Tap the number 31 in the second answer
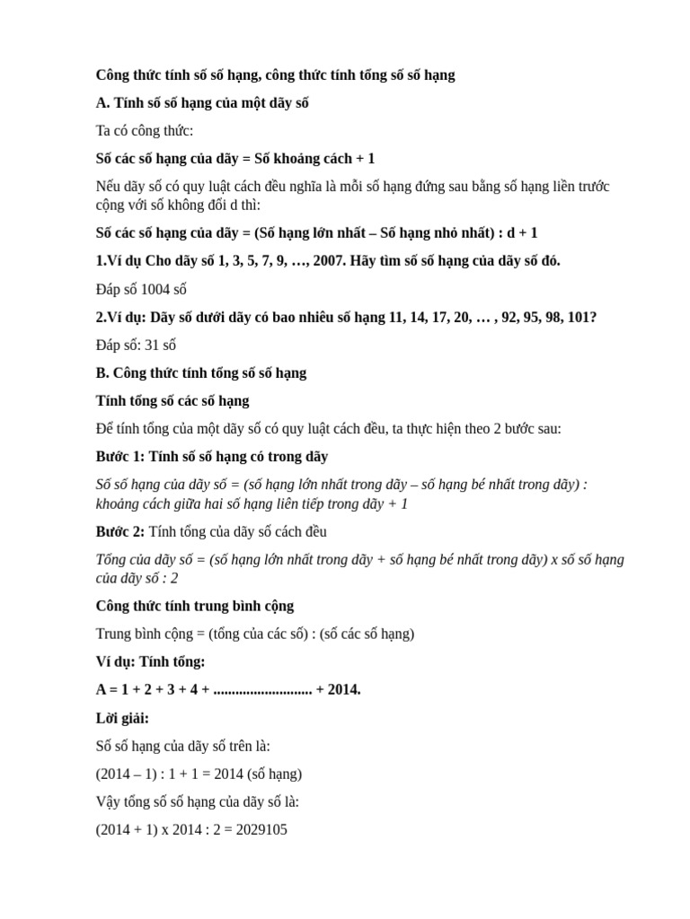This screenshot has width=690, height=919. point(152,345)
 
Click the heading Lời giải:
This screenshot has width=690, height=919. point(122,718)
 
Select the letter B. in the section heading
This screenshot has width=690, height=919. point(102,372)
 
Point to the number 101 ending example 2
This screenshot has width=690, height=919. point(579,317)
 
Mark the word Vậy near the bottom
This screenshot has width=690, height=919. point(109,801)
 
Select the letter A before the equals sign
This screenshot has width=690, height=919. point(102,689)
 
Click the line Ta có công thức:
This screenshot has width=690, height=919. point(145,131)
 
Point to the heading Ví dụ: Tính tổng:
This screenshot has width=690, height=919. point(150,661)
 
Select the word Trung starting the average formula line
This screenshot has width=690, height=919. point(114,634)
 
